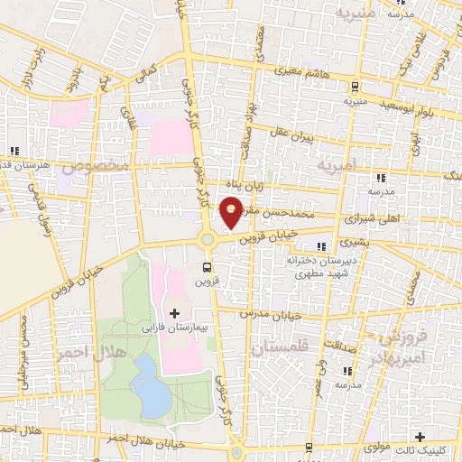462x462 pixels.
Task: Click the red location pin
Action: click(x=232, y=214)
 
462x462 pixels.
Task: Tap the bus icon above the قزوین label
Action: click(x=208, y=266)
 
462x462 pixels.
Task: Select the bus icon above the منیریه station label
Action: click(x=355, y=88)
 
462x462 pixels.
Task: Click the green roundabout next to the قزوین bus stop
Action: click(x=208, y=239)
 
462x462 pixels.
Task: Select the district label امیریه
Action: click(x=336, y=165)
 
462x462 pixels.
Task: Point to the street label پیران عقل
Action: click(x=294, y=134)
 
